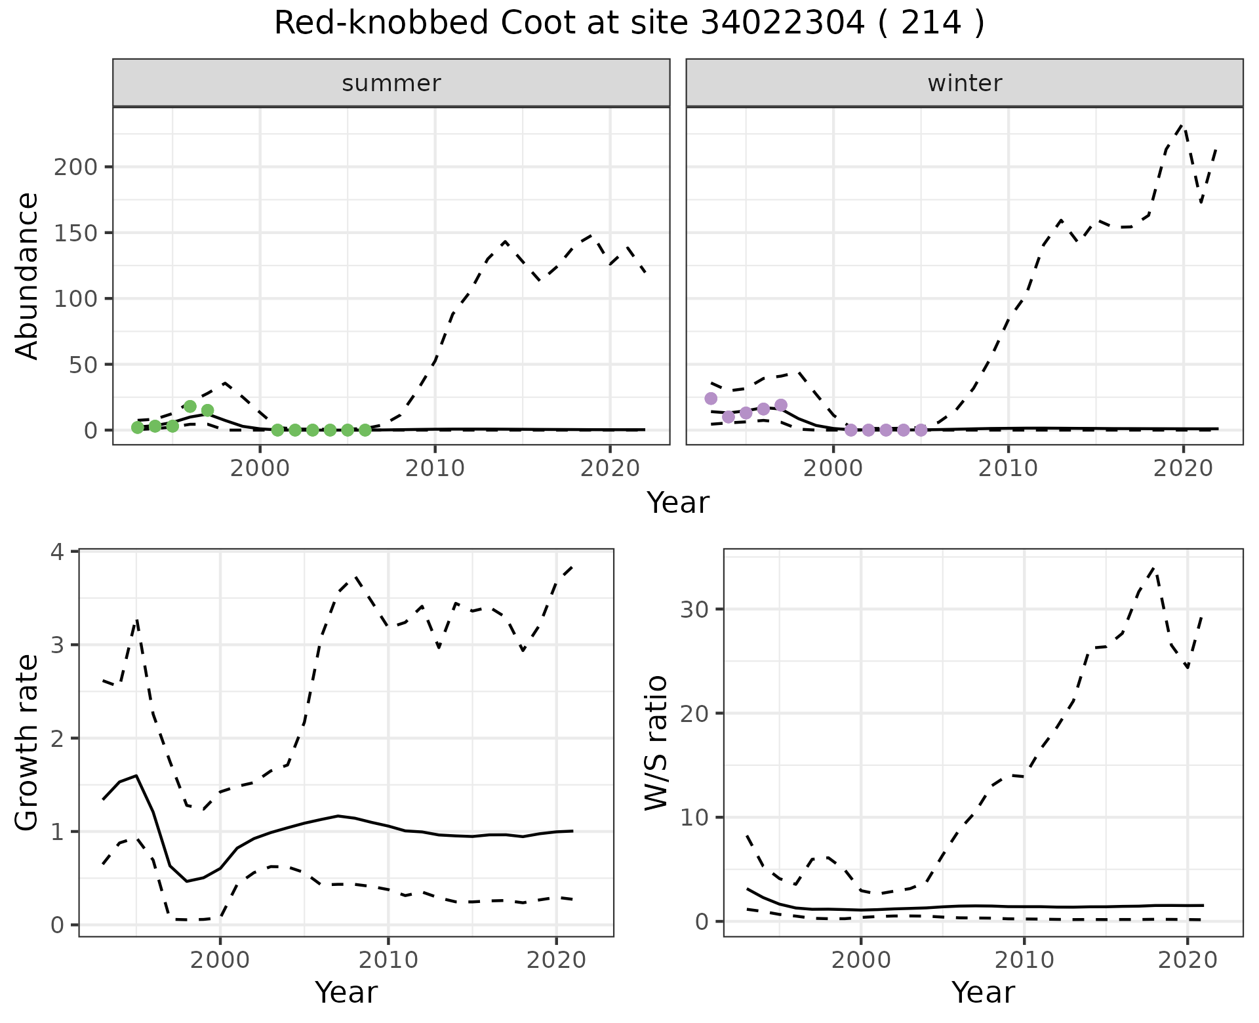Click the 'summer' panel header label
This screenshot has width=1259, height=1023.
point(391,83)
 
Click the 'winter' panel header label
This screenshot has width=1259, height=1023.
point(965,83)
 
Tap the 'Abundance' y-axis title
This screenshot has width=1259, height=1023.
point(28,276)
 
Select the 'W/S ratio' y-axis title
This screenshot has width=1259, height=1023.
point(656,742)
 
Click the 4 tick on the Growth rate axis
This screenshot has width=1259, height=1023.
point(60,552)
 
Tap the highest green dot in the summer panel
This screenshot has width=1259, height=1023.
point(190,407)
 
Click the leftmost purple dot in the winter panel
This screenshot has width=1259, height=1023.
point(711,399)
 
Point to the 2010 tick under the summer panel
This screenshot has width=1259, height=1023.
point(435,469)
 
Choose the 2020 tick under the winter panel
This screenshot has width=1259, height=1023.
point(1183,469)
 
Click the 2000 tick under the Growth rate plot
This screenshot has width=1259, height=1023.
point(220,961)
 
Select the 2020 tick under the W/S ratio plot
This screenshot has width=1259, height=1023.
point(1188,961)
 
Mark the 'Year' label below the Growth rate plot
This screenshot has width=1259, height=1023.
point(346,992)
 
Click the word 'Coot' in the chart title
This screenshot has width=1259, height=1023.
point(540,24)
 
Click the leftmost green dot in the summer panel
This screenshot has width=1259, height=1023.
point(137,428)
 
